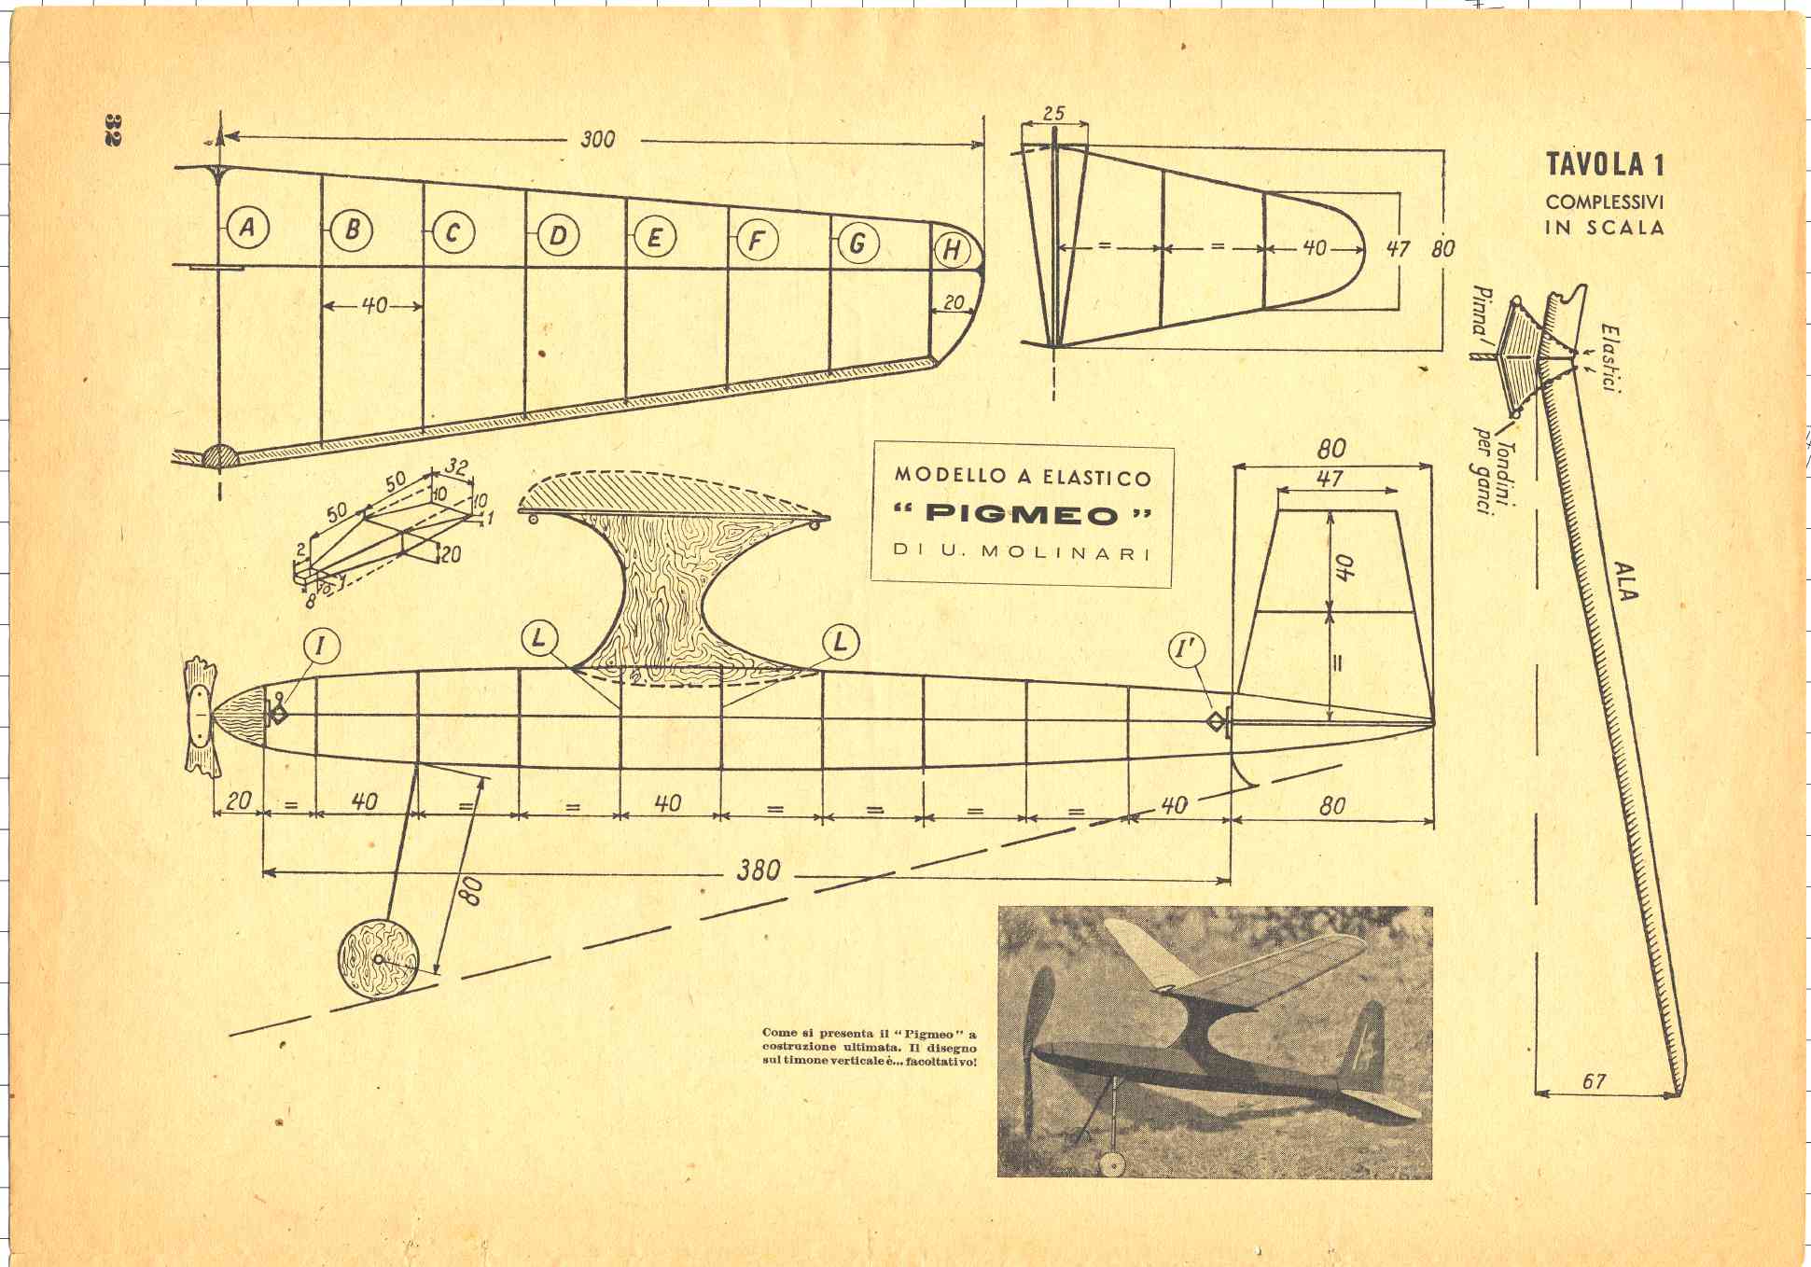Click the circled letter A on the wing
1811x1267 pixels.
(247, 227)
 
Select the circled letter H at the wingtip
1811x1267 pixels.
(953, 250)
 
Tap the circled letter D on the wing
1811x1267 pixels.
(558, 235)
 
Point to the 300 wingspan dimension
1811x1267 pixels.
(598, 139)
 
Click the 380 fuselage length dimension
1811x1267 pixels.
(759, 870)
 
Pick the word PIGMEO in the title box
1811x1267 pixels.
(1022, 514)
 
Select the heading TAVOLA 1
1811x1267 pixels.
(1605, 164)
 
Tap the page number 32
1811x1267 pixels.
(113, 130)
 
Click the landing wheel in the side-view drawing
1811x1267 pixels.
(378, 959)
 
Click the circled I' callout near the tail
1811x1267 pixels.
(1188, 650)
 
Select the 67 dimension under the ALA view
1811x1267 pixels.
(1595, 1080)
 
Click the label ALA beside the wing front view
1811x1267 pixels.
(1625, 580)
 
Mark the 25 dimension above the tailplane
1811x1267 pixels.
(1053, 114)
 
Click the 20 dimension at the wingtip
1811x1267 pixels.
(953, 302)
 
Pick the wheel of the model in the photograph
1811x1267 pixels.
(1111, 1163)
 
